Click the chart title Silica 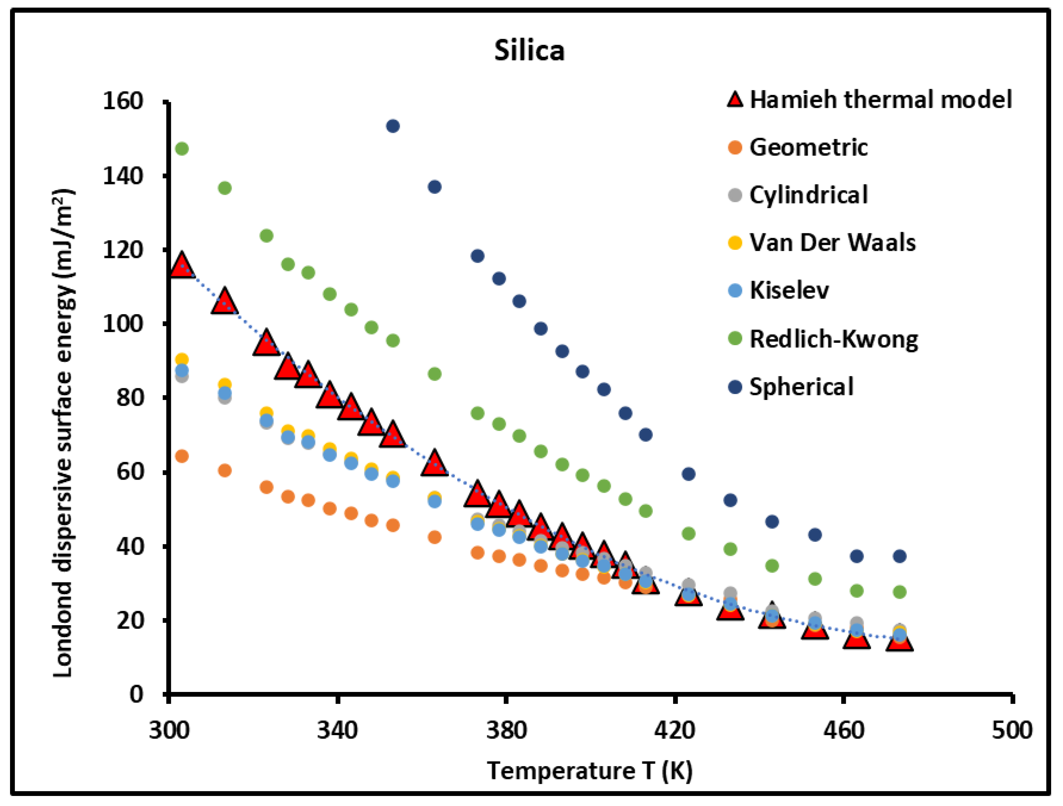coord(529,50)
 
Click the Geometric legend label coord(808,147)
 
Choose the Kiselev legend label coord(789,290)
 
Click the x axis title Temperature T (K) coord(590,771)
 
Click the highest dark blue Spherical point coord(393,126)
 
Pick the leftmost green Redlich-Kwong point coord(182,149)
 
